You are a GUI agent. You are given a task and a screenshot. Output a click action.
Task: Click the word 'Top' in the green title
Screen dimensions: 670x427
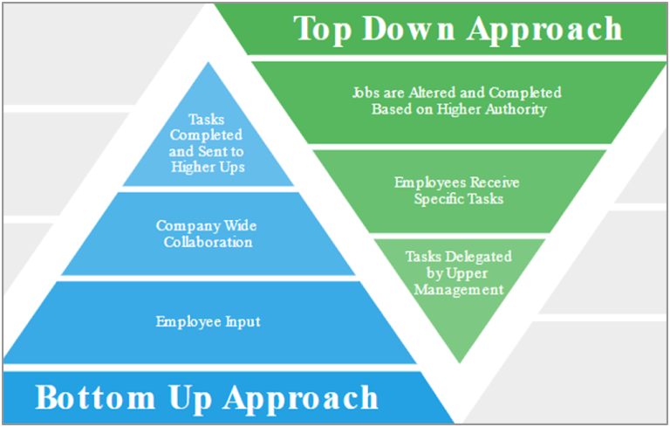pos(323,29)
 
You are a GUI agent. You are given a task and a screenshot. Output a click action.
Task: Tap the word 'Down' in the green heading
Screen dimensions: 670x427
pos(409,28)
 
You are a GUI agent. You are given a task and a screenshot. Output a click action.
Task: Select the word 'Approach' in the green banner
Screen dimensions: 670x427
pos(544,30)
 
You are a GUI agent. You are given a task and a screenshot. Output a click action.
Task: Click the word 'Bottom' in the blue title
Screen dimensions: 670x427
pos(95,397)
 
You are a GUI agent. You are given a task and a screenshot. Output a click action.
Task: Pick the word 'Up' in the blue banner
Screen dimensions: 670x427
pos(190,399)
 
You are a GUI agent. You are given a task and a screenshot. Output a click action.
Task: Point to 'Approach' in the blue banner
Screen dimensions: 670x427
pos(301,399)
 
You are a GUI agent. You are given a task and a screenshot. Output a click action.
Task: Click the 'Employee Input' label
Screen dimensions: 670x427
pos(208,321)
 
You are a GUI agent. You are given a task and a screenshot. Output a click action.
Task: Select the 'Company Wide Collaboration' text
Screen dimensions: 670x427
pos(207,234)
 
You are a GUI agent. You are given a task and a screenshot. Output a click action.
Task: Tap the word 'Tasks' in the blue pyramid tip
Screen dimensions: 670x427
pos(207,119)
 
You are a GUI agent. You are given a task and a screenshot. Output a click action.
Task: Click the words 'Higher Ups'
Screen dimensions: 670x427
pos(208,167)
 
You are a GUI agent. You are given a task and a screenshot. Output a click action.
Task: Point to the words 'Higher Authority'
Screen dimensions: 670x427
pos(491,109)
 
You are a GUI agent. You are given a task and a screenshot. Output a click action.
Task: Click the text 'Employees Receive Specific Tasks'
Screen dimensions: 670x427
pos(457,190)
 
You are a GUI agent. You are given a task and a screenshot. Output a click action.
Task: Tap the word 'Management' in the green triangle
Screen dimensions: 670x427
pos(459,290)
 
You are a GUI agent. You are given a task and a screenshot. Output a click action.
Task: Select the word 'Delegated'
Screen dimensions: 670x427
pos(478,257)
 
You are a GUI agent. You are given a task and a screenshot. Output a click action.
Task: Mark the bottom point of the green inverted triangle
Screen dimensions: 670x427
pos(460,363)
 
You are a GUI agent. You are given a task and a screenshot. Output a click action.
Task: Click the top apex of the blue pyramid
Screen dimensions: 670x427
pos(209,63)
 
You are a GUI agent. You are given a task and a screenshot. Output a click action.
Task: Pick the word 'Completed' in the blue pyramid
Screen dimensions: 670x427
pos(206,135)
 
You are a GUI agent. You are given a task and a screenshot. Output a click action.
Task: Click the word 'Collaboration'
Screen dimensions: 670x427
pos(208,242)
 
